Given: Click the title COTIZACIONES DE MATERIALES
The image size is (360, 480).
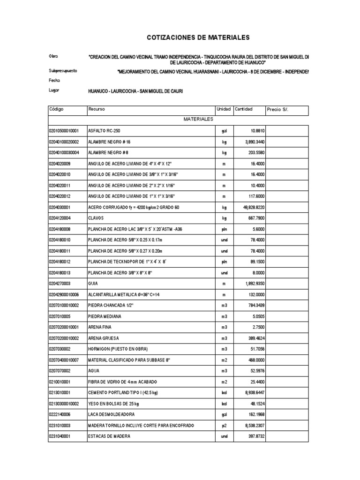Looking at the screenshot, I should (199, 37).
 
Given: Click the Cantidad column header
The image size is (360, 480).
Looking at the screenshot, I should (244, 109).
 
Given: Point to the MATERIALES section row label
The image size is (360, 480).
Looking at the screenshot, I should (198, 120).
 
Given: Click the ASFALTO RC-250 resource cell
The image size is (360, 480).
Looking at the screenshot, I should (107, 131).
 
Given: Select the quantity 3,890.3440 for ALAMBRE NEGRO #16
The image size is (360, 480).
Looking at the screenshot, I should (251, 142).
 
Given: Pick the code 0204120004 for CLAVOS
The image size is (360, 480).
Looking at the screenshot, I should (60, 218).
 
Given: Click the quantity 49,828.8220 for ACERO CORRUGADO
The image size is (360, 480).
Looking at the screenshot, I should (250, 207).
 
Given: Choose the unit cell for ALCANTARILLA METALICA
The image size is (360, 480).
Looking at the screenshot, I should (224, 294).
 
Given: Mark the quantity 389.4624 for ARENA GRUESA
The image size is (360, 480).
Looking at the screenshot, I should (254, 338).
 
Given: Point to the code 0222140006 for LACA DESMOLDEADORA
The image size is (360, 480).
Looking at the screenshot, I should (60, 414).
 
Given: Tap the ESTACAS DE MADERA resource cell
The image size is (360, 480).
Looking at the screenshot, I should (109, 436).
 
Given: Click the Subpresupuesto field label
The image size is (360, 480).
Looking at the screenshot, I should (63, 71).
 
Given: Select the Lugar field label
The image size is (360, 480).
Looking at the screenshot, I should (54, 90).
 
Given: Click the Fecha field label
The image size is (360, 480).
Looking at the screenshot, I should (54, 80).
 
